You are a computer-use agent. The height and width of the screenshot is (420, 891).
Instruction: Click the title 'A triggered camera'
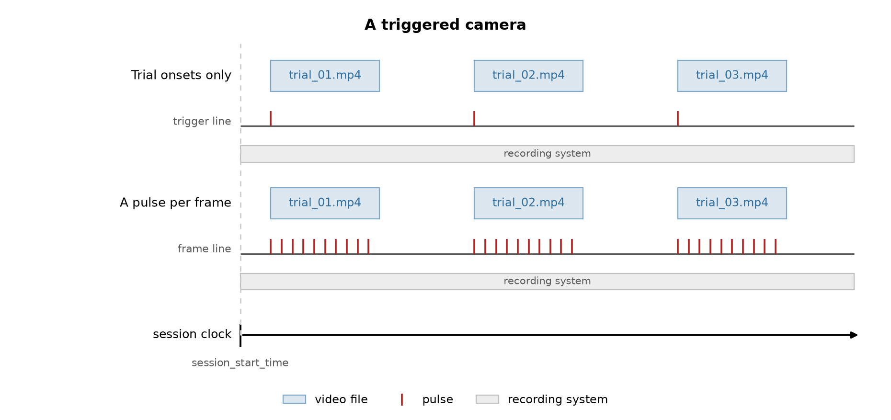coord(445,25)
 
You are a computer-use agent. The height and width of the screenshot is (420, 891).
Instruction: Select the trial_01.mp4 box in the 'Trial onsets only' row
coord(325,76)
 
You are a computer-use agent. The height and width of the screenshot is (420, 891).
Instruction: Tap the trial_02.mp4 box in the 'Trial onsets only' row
coord(528,76)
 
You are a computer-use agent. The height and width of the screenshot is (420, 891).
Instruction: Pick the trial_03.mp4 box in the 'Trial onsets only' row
coord(732,76)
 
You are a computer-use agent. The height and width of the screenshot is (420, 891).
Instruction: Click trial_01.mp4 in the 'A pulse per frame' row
coord(325,203)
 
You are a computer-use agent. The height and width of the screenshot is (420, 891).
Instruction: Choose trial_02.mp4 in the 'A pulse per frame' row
coord(528,203)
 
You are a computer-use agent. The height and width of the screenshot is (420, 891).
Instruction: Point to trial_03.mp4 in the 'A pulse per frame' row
coord(732,203)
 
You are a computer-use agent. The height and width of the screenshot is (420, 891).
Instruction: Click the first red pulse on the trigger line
coord(271,119)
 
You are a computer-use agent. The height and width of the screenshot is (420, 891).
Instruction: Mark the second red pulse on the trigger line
coord(474,119)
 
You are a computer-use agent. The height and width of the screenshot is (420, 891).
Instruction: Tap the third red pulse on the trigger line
coord(678,119)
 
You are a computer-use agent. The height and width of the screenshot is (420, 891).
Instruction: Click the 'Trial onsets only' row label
coord(181,75)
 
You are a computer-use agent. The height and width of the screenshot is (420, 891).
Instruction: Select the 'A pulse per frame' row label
coord(175,203)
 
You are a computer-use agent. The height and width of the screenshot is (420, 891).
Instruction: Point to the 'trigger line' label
coord(202,122)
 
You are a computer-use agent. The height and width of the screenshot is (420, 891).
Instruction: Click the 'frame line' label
coord(204,249)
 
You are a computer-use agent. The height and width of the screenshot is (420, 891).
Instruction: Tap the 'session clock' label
coord(192,334)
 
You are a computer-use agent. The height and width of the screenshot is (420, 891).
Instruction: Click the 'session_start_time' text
coord(240,363)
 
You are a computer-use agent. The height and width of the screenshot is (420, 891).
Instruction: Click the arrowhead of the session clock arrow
coord(854,335)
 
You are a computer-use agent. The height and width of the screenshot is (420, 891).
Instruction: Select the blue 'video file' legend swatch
coord(294,399)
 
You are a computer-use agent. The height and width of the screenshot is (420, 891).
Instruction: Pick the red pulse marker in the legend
coord(402,399)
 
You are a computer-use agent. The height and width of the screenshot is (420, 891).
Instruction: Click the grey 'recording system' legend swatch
coord(487,399)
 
